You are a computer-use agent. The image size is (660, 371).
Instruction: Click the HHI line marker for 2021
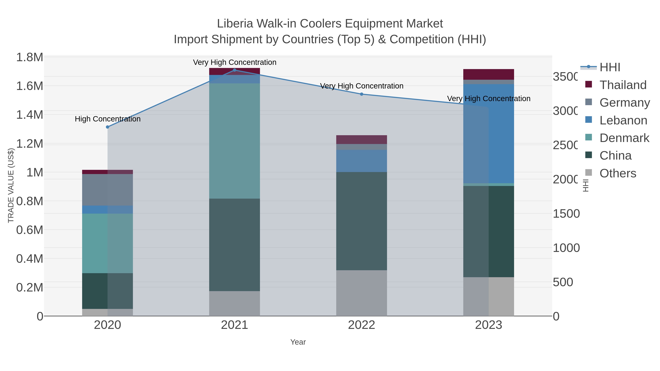coord(234,70)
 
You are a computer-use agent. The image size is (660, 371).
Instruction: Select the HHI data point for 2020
coord(108,127)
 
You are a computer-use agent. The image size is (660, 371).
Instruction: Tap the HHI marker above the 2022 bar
coord(362,94)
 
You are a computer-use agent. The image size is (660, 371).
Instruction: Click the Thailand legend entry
coord(623,85)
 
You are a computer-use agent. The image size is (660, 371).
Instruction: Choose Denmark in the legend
coord(624,138)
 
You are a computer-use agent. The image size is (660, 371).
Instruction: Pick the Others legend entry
coord(618,173)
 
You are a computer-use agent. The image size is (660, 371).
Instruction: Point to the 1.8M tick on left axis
coord(30,57)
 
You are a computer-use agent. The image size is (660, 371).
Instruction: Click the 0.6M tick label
coord(30,230)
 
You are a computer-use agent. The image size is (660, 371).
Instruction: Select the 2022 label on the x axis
coord(362,325)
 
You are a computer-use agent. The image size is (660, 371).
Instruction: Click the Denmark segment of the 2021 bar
coord(234,141)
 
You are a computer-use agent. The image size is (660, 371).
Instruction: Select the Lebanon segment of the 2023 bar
coord(489,133)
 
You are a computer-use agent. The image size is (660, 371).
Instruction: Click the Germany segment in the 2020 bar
coord(108,190)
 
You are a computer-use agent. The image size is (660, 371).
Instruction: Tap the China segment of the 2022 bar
coord(362,221)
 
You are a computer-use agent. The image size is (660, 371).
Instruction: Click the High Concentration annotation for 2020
coord(108,119)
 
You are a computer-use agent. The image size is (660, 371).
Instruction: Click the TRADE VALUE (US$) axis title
coord(11,185)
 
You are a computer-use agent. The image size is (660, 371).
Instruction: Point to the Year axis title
coord(298,342)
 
